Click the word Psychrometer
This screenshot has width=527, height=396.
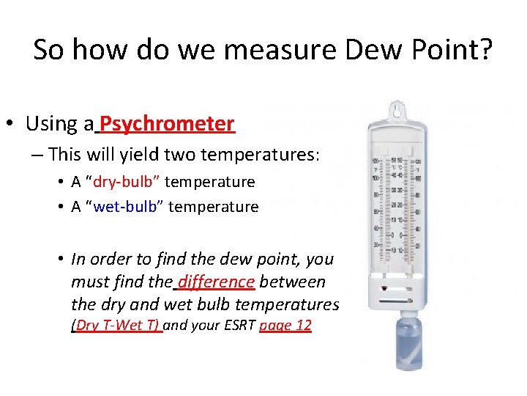point(168,123)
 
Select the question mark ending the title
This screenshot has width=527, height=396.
point(485,50)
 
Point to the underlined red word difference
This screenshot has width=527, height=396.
point(216,281)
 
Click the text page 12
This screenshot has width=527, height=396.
point(285,326)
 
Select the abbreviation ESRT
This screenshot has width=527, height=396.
point(236,326)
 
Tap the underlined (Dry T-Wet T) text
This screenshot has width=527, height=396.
point(116,326)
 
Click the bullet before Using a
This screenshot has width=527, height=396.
point(15,124)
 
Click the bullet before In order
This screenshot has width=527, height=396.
point(61,259)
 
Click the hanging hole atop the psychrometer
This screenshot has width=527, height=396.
point(397,110)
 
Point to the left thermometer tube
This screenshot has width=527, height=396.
point(387,205)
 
